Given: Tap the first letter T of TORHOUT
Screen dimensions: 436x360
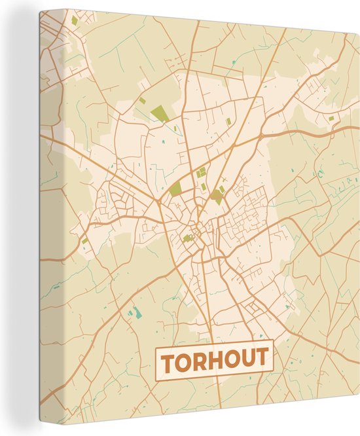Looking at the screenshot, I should point(169,361).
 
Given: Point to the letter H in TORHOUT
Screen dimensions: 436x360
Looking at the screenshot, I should point(214,360).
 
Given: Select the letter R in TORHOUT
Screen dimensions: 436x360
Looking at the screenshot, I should point(198,360).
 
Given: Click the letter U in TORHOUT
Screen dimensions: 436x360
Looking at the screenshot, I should point(247,360).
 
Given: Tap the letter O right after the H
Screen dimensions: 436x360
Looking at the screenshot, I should point(230,360).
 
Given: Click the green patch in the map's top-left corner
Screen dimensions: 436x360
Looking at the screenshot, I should point(75,20).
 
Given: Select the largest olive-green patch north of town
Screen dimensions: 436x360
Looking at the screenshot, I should point(159,116).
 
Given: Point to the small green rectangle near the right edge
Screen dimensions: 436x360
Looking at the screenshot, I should point(331,118).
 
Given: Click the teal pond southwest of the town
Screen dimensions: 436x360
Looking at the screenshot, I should point(137,312).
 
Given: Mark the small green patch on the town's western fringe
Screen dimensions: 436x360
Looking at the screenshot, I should point(85,241).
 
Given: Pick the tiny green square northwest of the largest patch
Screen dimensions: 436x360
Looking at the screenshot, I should point(142,101).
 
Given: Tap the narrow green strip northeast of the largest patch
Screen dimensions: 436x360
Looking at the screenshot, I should point(228,121).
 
